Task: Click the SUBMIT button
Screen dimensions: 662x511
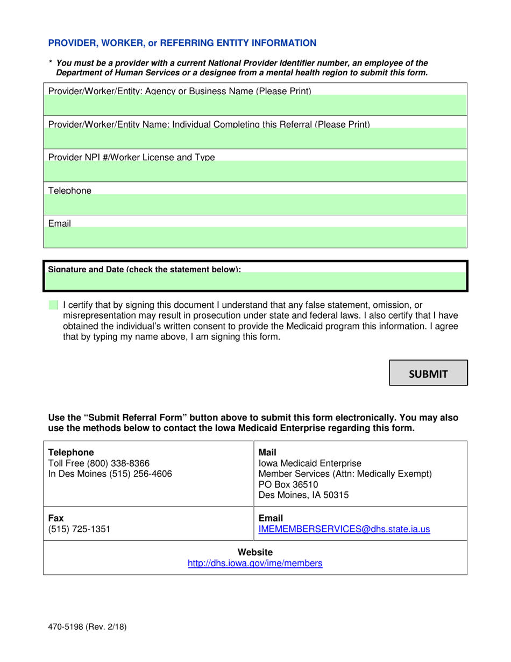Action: [429, 373]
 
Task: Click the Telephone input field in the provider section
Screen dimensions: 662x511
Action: [255, 204]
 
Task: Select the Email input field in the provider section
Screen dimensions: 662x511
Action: [255, 236]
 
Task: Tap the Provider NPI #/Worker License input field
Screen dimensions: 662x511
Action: [255, 172]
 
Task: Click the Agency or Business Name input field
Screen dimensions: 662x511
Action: [255, 104]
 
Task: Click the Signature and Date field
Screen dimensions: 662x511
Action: [255, 281]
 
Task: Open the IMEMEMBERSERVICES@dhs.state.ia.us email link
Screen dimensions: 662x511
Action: [344, 529]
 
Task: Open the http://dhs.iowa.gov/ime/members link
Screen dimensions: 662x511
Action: [255, 564]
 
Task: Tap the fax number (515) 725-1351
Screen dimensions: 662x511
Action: [80, 529]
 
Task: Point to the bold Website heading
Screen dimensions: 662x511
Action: [255, 552]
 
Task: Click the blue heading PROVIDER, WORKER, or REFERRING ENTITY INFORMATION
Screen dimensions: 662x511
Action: [182, 43]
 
